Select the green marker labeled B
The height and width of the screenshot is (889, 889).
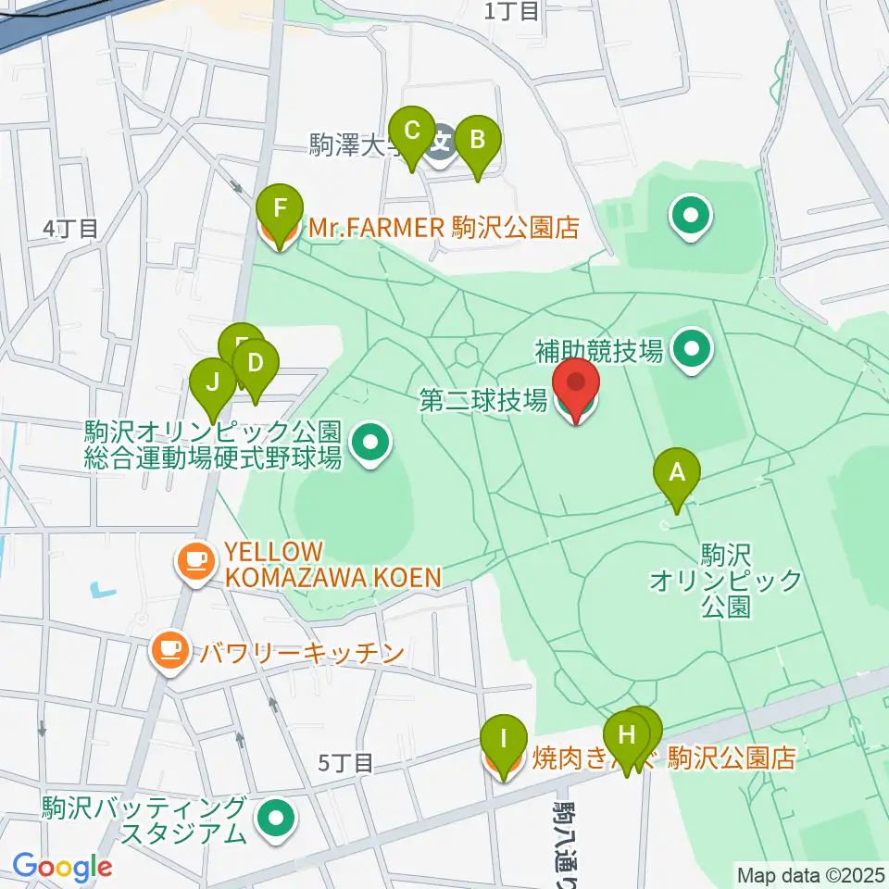pyautogui.click(x=477, y=142)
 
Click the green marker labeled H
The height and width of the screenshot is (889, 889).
pyautogui.click(x=627, y=738)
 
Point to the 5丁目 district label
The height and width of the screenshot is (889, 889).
pyautogui.click(x=345, y=763)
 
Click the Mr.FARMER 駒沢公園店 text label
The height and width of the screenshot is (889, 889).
pyautogui.click(x=444, y=228)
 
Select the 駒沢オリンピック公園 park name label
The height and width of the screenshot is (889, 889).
pyautogui.click(x=724, y=581)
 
